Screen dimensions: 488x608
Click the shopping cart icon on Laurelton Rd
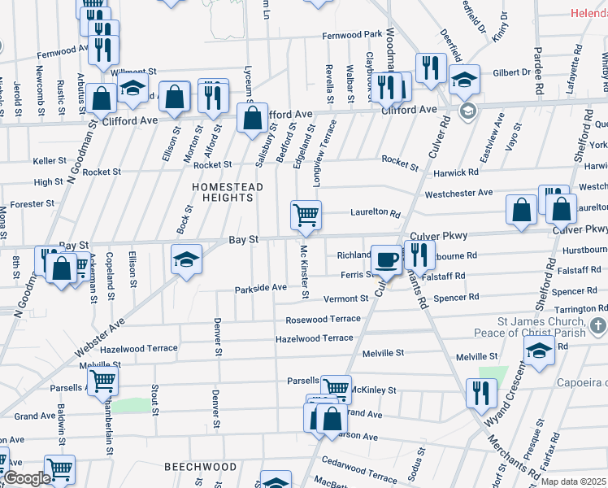click(306, 216)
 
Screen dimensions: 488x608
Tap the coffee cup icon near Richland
click(387, 259)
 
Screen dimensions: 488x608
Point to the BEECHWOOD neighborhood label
click(200, 467)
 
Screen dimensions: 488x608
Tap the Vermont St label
click(341, 299)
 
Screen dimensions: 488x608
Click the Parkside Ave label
click(261, 287)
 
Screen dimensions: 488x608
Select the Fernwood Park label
click(352, 35)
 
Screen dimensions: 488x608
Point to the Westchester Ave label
click(458, 193)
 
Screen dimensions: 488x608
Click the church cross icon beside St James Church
click(597, 327)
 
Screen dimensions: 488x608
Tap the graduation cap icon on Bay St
click(187, 259)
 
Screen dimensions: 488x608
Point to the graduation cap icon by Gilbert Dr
click(465, 79)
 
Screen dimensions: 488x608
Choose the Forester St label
click(33, 203)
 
